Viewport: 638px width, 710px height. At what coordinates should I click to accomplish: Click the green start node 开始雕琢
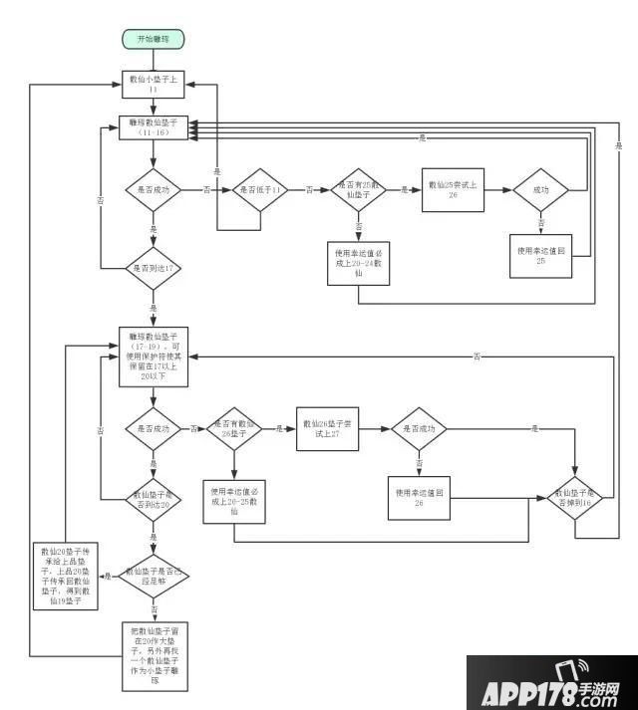point(154,39)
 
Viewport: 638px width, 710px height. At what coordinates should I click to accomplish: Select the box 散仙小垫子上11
point(154,84)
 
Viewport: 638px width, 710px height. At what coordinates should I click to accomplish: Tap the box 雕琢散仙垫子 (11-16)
point(154,127)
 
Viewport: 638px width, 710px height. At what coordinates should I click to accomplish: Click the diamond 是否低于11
point(260,189)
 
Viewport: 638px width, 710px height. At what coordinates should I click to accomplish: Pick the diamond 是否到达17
point(154,268)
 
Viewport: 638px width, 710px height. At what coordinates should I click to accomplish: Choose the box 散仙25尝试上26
point(453,189)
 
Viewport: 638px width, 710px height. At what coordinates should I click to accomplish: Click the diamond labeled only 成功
point(541,189)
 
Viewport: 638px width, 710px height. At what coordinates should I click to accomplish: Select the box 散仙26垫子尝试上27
point(326,429)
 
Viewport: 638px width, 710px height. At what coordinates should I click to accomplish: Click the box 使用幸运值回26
point(418,497)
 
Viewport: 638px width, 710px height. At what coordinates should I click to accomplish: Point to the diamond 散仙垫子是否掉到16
point(575,498)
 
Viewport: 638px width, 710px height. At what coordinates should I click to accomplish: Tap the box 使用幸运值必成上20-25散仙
point(233,502)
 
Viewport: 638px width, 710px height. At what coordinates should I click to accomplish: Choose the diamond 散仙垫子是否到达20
point(154,498)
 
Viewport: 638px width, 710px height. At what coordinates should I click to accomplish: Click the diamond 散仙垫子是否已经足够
point(154,576)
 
